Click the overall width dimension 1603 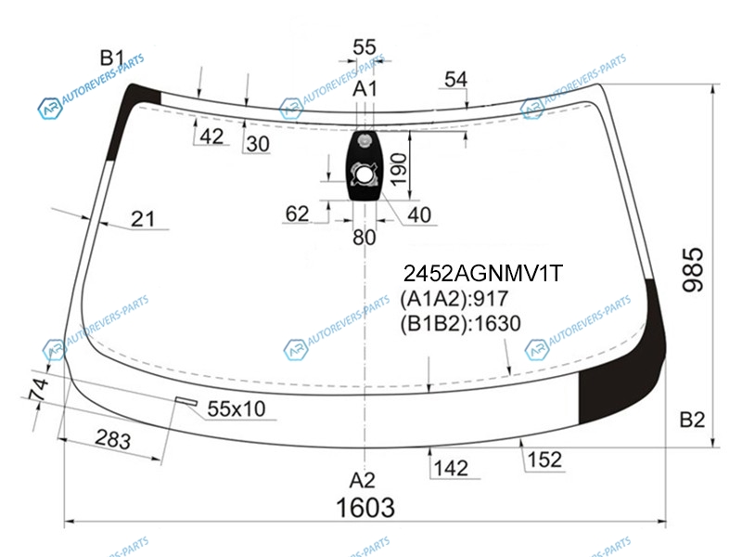[x=365, y=507]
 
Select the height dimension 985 [x=693, y=269]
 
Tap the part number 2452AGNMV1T [x=482, y=273]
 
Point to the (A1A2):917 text [x=454, y=298]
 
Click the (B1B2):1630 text [x=460, y=323]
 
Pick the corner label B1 [x=111, y=58]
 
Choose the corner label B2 [x=692, y=420]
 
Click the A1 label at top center [x=365, y=89]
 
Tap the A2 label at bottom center [x=362, y=480]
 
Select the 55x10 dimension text [x=237, y=408]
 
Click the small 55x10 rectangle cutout [x=186, y=401]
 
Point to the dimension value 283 [x=112, y=439]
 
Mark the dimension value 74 [x=39, y=388]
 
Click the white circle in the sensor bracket [x=364, y=175]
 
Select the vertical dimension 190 [x=399, y=169]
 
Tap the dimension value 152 [x=544, y=460]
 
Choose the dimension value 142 [x=451, y=469]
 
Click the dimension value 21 [x=143, y=219]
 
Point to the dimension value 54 [x=455, y=79]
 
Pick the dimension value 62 [x=297, y=214]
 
